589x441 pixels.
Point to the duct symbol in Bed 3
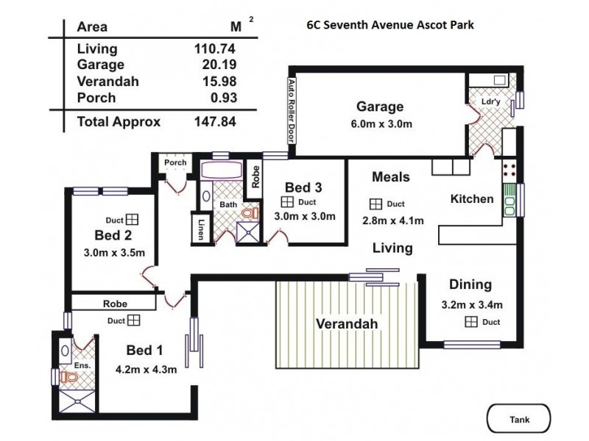(287, 202)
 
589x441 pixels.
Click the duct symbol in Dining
(470, 322)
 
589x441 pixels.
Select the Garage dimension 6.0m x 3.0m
(380, 123)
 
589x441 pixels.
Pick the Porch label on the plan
(175, 162)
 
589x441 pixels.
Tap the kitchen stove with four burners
(509, 171)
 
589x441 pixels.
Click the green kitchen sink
(509, 200)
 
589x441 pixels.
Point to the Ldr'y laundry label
(491, 101)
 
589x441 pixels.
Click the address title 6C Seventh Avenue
(390, 24)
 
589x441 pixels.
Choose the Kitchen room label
(471, 199)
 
